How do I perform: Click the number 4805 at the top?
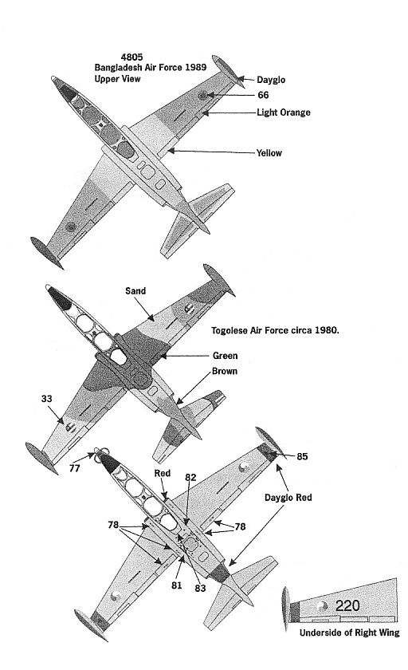(x=131, y=57)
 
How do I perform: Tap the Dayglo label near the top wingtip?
(x=271, y=80)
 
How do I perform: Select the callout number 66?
(x=263, y=95)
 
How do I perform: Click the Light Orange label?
(x=284, y=112)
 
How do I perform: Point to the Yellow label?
(x=269, y=152)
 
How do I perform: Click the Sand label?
(x=135, y=291)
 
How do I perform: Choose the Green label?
(x=225, y=356)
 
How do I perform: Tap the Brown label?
(x=225, y=371)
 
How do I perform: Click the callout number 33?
(x=46, y=399)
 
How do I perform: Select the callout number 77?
(x=75, y=468)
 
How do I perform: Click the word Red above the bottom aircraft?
(x=163, y=473)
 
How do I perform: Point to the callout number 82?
(x=190, y=477)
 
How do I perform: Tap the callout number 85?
(x=302, y=456)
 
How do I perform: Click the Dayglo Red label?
(x=288, y=498)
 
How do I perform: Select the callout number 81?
(x=177, y=585)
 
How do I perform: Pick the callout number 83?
(x=200, y=589)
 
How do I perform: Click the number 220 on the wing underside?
(x=347, y=605)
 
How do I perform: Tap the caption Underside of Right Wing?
(x=350, y=633)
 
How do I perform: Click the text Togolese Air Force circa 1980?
(x=275, y=330)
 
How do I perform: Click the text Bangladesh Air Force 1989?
(x=151, y=68)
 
